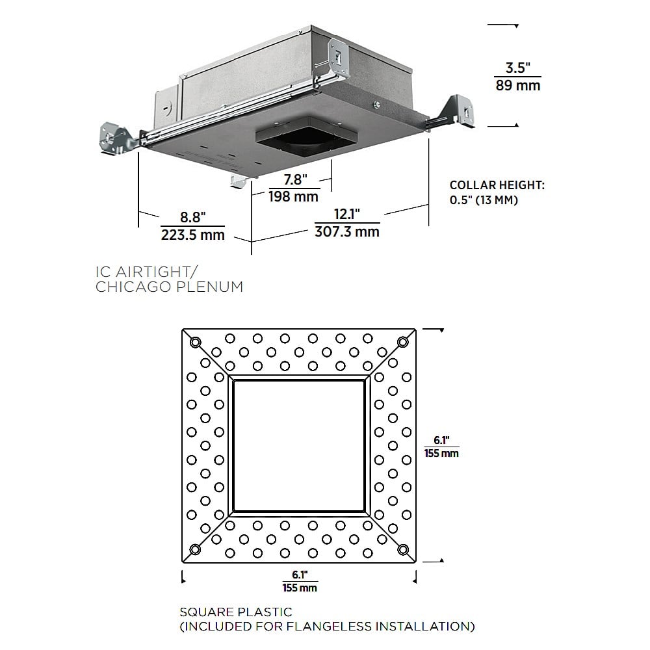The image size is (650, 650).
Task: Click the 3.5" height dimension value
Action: coord(518,67)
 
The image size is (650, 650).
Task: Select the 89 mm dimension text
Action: coord(518,85)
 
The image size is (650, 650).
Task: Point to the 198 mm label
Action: coord(294,196)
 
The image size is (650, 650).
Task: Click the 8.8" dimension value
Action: coord(192,216)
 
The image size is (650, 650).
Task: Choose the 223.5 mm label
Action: coord(192,235)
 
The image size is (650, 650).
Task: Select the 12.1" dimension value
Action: coord(346,214)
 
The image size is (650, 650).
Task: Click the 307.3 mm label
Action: coord(347,231)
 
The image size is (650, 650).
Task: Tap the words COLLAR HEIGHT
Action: coord(497,185)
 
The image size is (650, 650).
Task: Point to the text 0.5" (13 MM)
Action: coord(484,200)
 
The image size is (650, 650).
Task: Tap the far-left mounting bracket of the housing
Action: coord(118,136)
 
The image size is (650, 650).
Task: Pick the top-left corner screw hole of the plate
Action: coord(194,342)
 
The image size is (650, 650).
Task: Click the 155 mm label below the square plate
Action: coord(300,588)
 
